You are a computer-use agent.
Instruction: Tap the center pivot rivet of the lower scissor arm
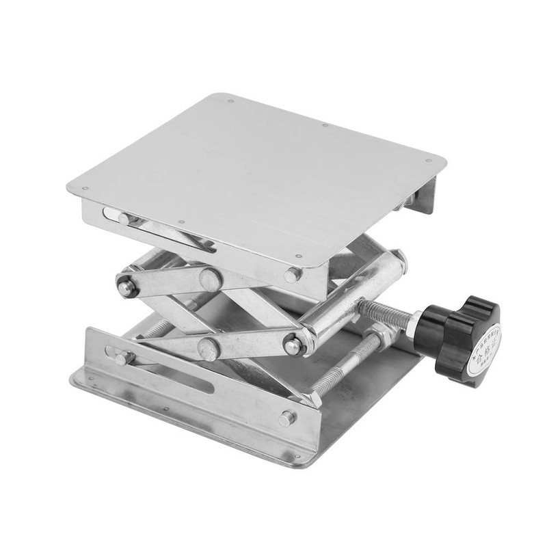tap(209, 347)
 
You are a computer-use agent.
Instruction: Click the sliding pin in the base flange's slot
tap(123, 358)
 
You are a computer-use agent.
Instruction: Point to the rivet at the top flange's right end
tap(293, 275)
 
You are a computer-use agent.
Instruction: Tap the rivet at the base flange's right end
tap(287, 416)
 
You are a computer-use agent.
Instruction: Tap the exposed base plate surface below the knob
tap(383, 383)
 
